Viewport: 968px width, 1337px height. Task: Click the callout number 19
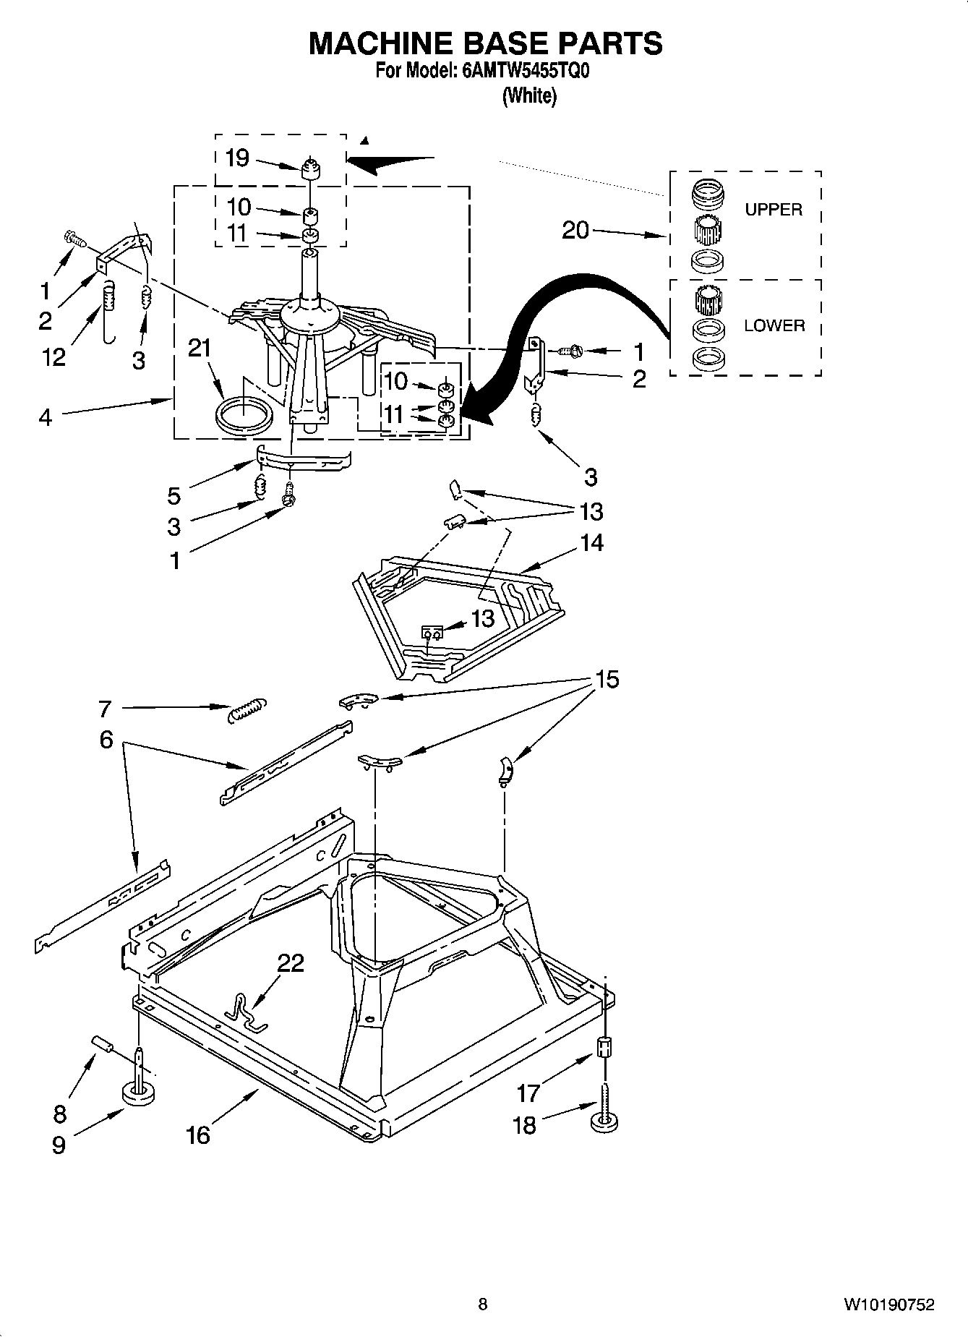point(237,158)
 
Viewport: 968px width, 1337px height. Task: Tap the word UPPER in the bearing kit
point(773,210)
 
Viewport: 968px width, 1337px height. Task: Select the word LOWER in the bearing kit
point(774,325)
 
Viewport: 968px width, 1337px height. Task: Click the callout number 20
point(575,231)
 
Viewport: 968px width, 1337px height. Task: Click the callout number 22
point(291,963)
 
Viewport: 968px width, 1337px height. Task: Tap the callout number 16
point(197,1135)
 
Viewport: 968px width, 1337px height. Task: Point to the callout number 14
point(591,542)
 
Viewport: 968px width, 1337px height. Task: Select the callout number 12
point(53,356)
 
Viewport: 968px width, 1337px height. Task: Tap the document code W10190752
point(888,1304)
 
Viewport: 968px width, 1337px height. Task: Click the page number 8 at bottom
point(483,1304)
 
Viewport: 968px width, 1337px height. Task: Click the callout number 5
point(174,495)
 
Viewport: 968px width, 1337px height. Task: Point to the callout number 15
point(607,680)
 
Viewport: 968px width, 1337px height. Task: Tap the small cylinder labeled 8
point(103,1045)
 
